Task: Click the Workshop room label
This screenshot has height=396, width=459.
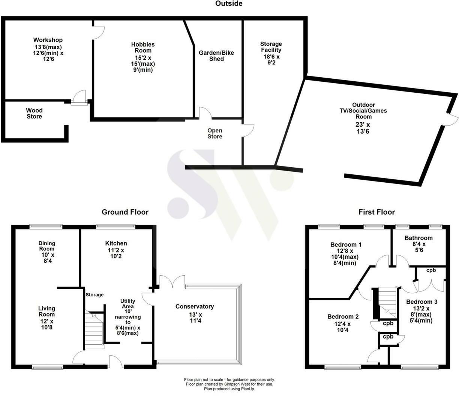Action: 48,40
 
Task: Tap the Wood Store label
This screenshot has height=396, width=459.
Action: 34,113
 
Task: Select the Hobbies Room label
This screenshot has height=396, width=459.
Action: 143,47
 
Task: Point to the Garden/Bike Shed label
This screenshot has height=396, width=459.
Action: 216,56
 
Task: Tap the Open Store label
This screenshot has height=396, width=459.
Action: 215,133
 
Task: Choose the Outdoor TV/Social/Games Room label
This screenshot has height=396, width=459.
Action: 363,111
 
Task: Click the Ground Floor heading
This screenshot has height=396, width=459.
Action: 125,212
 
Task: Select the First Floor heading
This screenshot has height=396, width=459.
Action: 376,212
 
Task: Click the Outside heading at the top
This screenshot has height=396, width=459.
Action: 229,4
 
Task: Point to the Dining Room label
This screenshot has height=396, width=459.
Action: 46,246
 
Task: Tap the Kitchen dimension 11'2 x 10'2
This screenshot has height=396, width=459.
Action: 116,253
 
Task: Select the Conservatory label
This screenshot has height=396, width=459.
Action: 195,306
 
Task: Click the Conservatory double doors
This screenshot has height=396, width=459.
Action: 172,282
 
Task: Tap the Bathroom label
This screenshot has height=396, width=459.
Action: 418,238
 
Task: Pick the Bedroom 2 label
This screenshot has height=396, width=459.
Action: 343,316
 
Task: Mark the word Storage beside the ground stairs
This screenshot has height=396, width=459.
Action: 94,295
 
